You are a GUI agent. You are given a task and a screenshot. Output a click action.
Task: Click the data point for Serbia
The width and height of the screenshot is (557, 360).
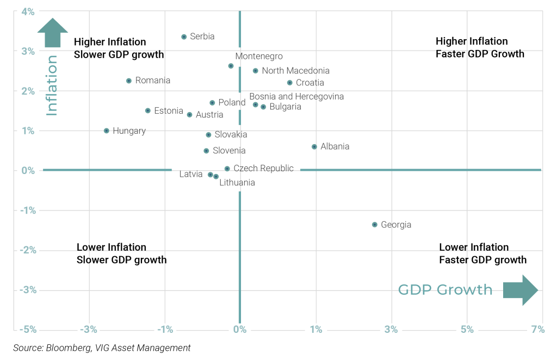(x=184, y=37)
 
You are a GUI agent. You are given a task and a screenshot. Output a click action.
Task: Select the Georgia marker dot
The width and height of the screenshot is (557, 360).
(x=375, y=225)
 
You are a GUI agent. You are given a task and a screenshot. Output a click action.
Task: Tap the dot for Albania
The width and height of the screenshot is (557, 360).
(x=314, y=147)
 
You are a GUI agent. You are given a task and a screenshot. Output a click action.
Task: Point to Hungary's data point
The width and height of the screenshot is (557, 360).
(x=107, y=131)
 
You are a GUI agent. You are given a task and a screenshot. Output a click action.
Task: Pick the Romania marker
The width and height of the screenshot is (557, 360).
(x=129, y=80)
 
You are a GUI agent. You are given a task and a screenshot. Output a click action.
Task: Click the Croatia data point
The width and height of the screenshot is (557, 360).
(x=290, y=83)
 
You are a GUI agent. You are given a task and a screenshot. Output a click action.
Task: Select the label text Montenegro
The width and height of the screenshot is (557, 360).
(x=259, y=57)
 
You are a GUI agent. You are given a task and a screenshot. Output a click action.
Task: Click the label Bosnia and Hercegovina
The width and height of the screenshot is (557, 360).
(x=296, y=97)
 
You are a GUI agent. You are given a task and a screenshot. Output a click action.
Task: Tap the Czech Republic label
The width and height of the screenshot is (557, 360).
(x=263, y=169)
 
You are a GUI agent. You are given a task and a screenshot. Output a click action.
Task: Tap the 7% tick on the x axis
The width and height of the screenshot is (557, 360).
(x=538, y=330)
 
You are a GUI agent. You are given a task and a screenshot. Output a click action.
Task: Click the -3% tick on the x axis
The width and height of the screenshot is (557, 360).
(x=89, y=330)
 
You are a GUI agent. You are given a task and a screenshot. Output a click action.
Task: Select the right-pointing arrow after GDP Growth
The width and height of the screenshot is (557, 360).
(x=521, y=290)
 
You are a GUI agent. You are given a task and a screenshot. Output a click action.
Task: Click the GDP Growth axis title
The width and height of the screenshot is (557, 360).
(x=445, y=290)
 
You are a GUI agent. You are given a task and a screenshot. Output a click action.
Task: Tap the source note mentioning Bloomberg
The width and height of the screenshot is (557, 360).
(x=102, y=348)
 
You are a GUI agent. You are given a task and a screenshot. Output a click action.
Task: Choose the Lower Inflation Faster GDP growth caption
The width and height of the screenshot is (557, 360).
(x=483, y=253)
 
